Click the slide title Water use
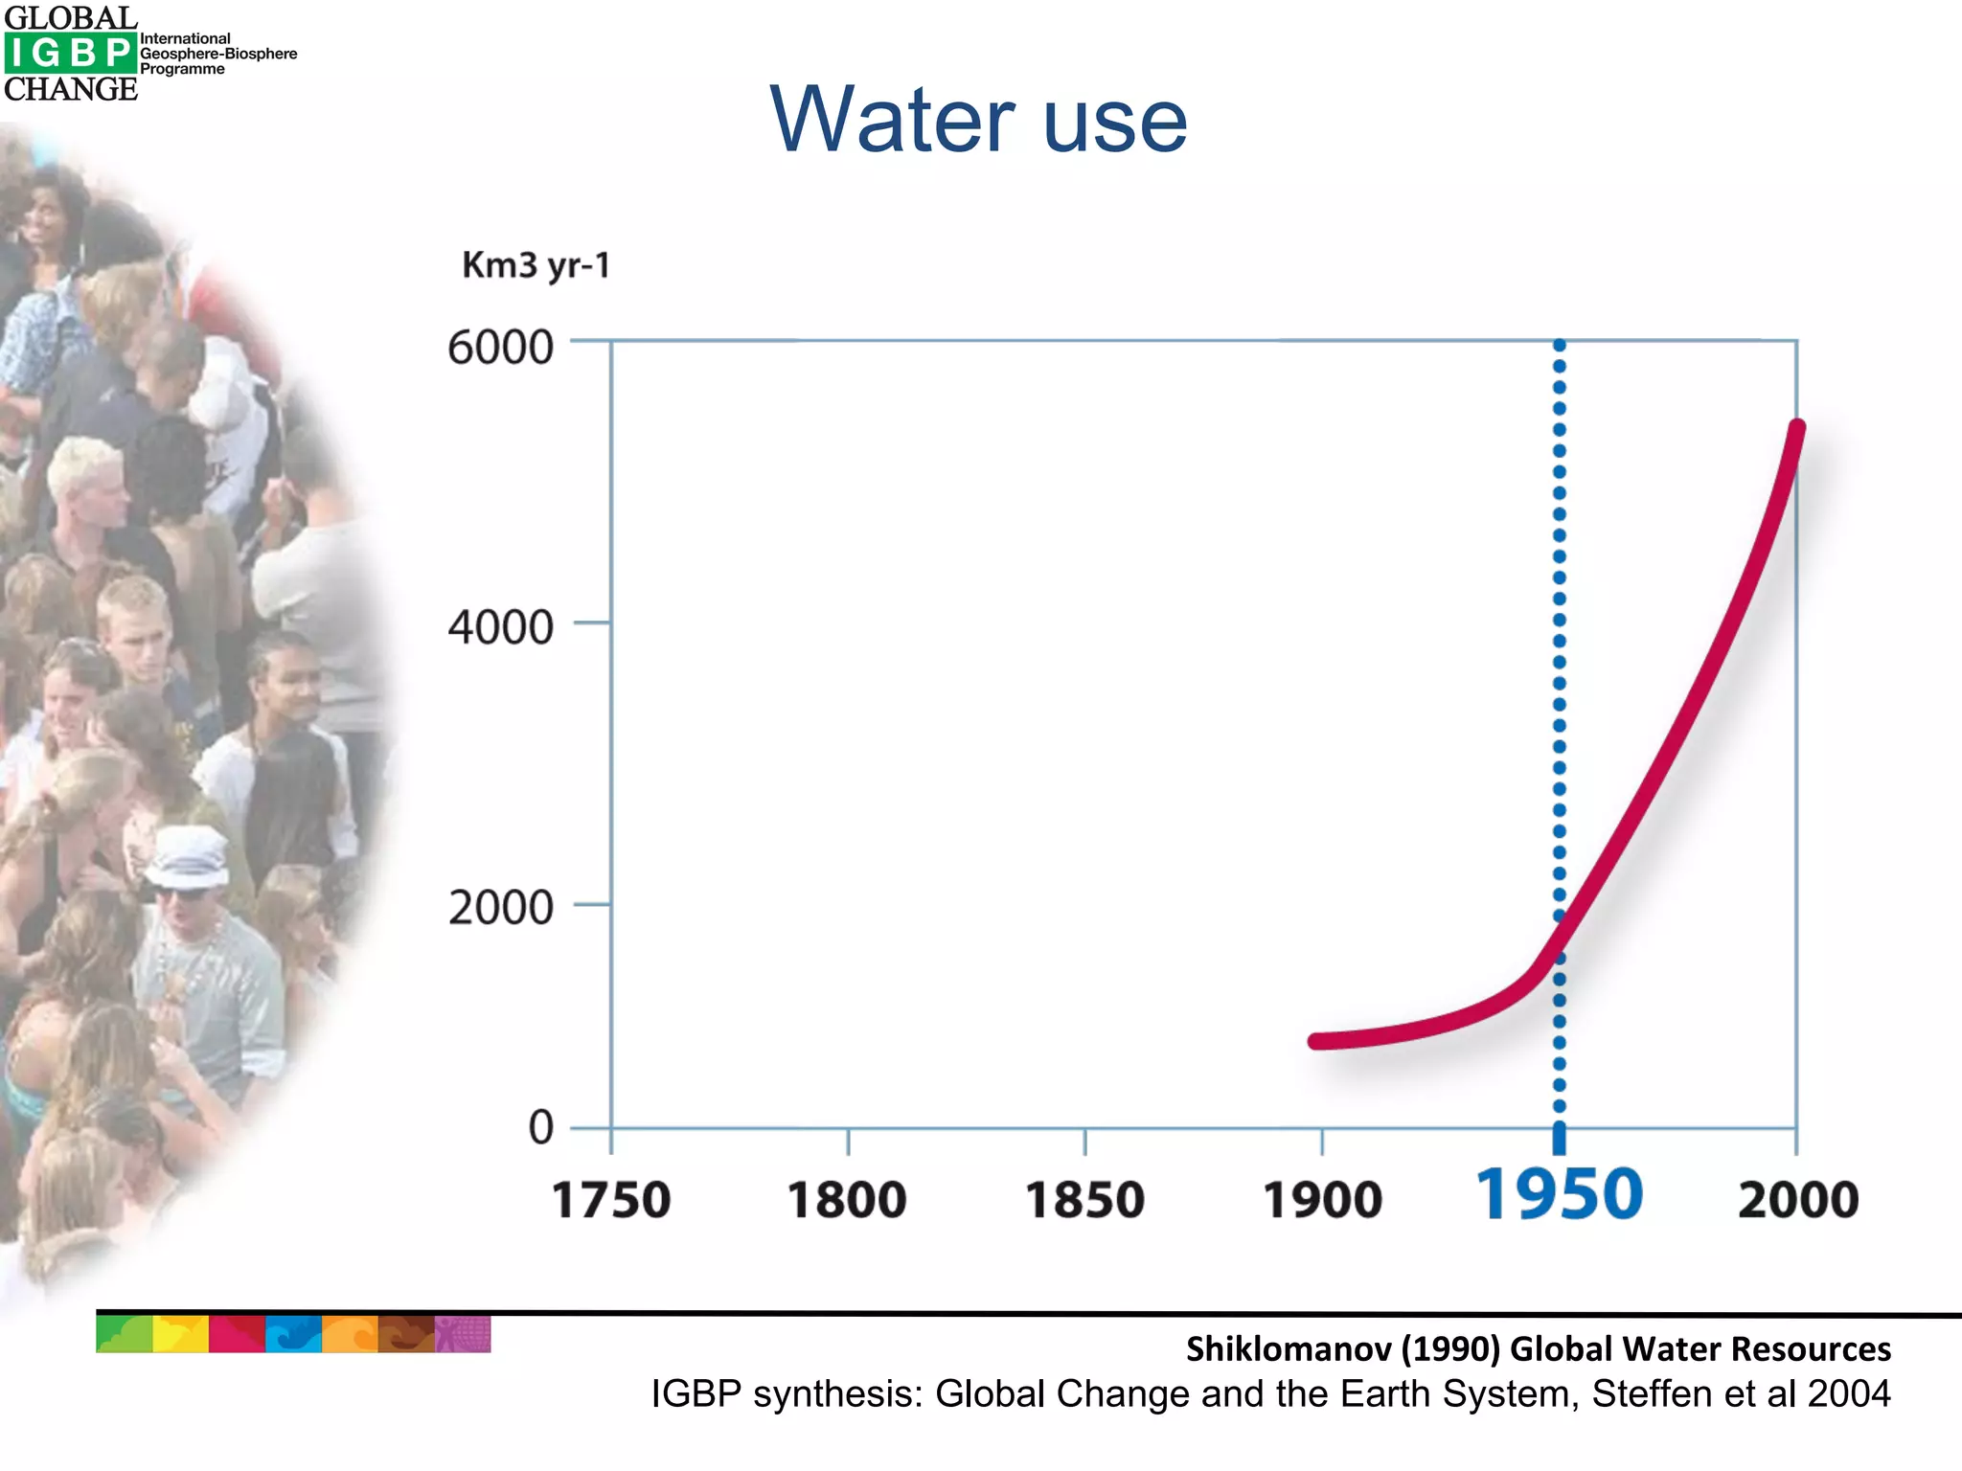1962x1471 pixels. [x=978, y=119]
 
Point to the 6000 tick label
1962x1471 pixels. [x=500, y=347]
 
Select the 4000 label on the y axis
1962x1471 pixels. [x=500, y=627]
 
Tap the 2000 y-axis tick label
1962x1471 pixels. [x=500, y=907]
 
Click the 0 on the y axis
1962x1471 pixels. [x=540, y=1127]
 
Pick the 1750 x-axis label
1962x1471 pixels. [x=611, y=1200]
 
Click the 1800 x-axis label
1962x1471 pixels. [x=847, y=1200]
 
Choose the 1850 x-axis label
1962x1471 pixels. [x=1084, y=1200]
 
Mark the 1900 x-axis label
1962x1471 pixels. [x=1322, y=1200]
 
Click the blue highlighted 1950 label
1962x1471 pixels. [x=1559, y=1195]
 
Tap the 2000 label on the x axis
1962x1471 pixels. [x=1797, y=1200]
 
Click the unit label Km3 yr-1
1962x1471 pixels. [x=536, y=265]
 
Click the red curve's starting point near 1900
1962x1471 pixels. [x=1316, y=1041]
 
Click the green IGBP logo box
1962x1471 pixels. [x=69, y=53]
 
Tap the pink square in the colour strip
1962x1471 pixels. [x=237, y=1334]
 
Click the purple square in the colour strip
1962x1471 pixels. [x=463, y=1334]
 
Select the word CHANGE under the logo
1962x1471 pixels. [x=71, y=89]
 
